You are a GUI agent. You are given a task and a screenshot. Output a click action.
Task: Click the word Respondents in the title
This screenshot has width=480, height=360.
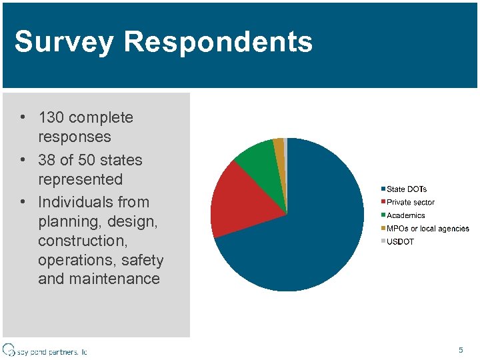218,41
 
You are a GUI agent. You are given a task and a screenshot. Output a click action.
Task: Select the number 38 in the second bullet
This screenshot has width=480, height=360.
47,161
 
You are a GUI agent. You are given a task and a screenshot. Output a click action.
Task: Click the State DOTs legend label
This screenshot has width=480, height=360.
407,189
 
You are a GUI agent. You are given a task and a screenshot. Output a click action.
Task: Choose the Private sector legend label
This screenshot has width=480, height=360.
410,202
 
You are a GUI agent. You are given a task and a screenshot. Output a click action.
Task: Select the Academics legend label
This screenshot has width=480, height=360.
405,215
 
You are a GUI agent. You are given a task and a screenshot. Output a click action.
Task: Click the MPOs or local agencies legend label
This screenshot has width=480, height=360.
427,229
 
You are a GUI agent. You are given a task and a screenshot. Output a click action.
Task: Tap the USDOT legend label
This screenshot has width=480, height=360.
400,241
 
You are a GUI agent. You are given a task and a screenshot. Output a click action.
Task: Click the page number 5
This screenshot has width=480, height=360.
461,350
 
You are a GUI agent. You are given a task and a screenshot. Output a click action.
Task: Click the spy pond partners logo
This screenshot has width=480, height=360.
45,350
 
